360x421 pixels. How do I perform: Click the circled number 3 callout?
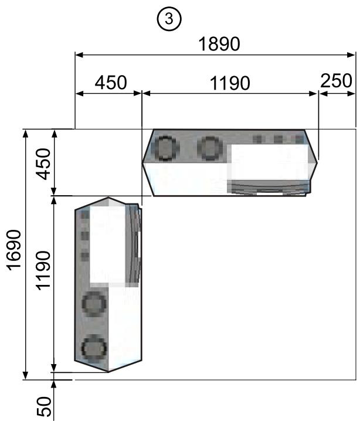pyautogui.click(x=169, y=19)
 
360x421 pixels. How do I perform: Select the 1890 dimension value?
pyautogui.click(x=219, y=44)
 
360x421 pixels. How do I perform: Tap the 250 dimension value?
pyautogui.click(x=336, y=80)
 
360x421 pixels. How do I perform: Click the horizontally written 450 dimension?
pyautogui.click(x=111, y=83)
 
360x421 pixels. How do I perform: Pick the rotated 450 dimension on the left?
pyautogui.click(x=43, y=164)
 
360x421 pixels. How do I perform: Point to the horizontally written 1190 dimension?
pyautogui.click(x=230, y=83)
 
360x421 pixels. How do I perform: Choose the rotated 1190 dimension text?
pyautogui.click(x=43, y=271)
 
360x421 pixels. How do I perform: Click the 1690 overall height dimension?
pyautogui.click(x=14, y=250)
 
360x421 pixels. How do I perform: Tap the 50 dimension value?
pyautogui.click(x=44, y=406)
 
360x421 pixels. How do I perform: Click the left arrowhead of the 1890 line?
pyautogui.click(x=79, y=55)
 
